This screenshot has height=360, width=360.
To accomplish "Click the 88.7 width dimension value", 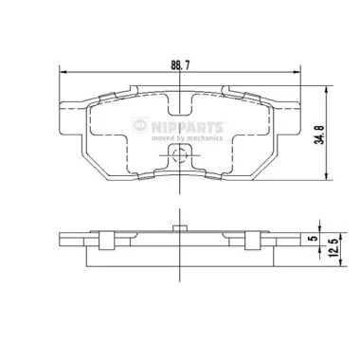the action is coord(180,65).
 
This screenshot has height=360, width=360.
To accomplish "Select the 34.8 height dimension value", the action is coord(320,135).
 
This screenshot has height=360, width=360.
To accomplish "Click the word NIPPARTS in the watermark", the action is coord(188,127).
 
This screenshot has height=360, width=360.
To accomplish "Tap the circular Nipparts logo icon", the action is coord(140,125).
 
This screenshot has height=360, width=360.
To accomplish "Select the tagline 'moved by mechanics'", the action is coord(187,138).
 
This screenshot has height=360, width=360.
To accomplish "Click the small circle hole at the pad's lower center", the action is coord(180,155).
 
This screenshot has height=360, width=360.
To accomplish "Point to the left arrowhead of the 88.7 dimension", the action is coord(63,72).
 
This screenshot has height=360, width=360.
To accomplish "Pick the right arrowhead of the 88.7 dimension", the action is coord(297,72).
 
